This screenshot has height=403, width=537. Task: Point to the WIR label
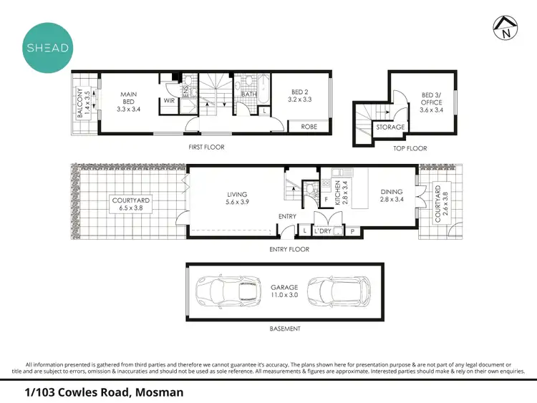[x=169, y=102]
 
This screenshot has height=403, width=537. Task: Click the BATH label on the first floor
[x=249, y=94]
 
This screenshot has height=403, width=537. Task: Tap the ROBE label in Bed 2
[x=309, y=126]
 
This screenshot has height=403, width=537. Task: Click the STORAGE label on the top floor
[x=391, y=127]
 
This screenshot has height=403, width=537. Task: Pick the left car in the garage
[x=223, y=291]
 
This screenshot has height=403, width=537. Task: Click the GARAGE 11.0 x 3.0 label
[x=284, y=291]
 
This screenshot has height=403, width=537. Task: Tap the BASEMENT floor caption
[x=284, y=329]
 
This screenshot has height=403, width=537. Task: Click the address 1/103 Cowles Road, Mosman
[x=105, y=392]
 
